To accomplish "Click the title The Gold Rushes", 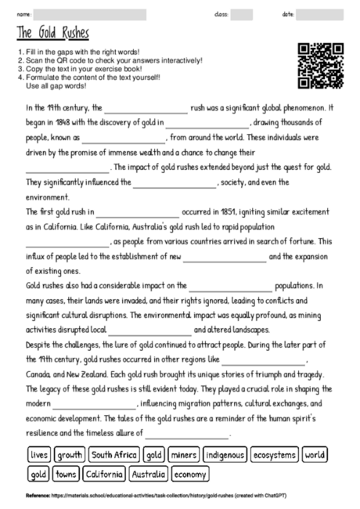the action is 52,34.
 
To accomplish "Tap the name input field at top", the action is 90,14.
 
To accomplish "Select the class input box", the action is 241,14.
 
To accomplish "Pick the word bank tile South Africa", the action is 113,454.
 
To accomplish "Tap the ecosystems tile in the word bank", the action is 275,454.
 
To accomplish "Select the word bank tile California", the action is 102,474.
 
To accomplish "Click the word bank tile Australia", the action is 148,474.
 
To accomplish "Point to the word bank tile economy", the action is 190,474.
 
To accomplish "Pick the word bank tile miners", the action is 183,454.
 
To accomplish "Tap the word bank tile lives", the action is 39,454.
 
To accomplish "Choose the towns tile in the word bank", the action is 67,474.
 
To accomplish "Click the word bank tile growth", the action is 70,454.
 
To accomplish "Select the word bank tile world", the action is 315,454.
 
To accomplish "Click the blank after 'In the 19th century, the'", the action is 146,109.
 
